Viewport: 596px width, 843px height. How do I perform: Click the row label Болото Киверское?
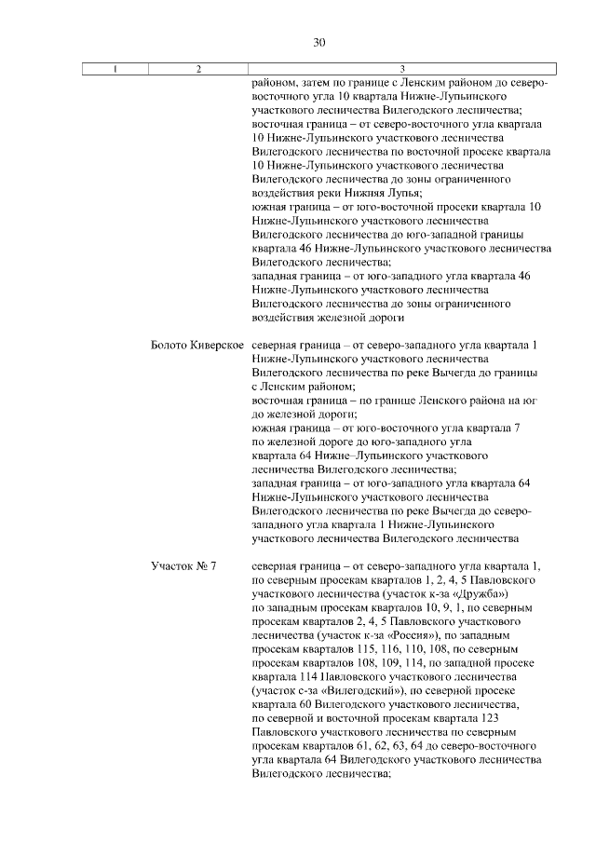tap(197, 346)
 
